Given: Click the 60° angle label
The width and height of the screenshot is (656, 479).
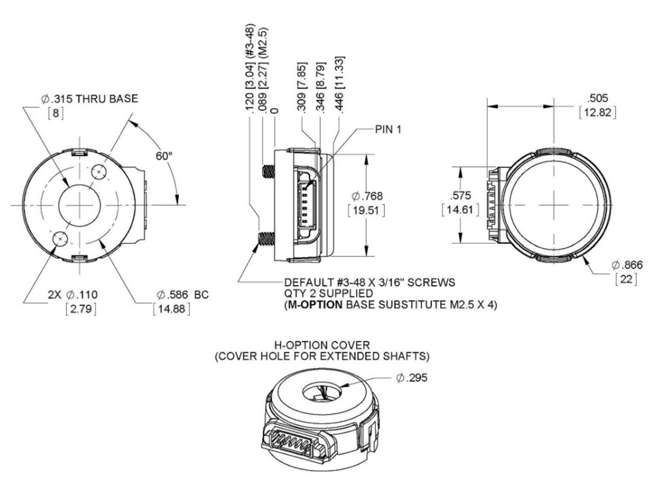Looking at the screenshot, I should [164, 156].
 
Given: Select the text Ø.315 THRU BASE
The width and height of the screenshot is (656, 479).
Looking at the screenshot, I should [89, 99].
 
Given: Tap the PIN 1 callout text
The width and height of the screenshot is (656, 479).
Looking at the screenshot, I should [388, 130].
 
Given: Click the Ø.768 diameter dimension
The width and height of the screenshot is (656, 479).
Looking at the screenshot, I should [367, 196].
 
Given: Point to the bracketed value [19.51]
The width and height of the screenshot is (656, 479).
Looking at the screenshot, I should [366, 211].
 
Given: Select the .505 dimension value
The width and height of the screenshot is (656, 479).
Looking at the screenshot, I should [597, 98].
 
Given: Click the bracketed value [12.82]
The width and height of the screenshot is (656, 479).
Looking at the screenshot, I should [597, 113].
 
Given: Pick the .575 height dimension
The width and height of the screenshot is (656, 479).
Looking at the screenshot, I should [461, 195].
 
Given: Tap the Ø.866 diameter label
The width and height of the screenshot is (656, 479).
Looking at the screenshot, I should [627, 265].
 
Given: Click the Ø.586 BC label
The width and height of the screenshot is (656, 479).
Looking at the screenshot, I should [182, 295].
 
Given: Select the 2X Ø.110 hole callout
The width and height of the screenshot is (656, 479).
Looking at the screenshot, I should [73, 295].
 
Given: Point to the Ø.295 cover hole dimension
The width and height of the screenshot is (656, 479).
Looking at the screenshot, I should [412, 378].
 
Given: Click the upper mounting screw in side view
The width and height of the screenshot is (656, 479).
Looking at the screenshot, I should [268, 172].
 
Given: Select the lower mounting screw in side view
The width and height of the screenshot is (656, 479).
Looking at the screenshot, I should [266, 239].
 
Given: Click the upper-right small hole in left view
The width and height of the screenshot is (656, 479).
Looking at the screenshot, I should [99, 172].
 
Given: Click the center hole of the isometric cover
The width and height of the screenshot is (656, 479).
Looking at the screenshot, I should [321, 391].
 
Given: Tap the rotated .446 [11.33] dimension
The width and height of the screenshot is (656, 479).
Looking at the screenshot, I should [339, 85].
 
